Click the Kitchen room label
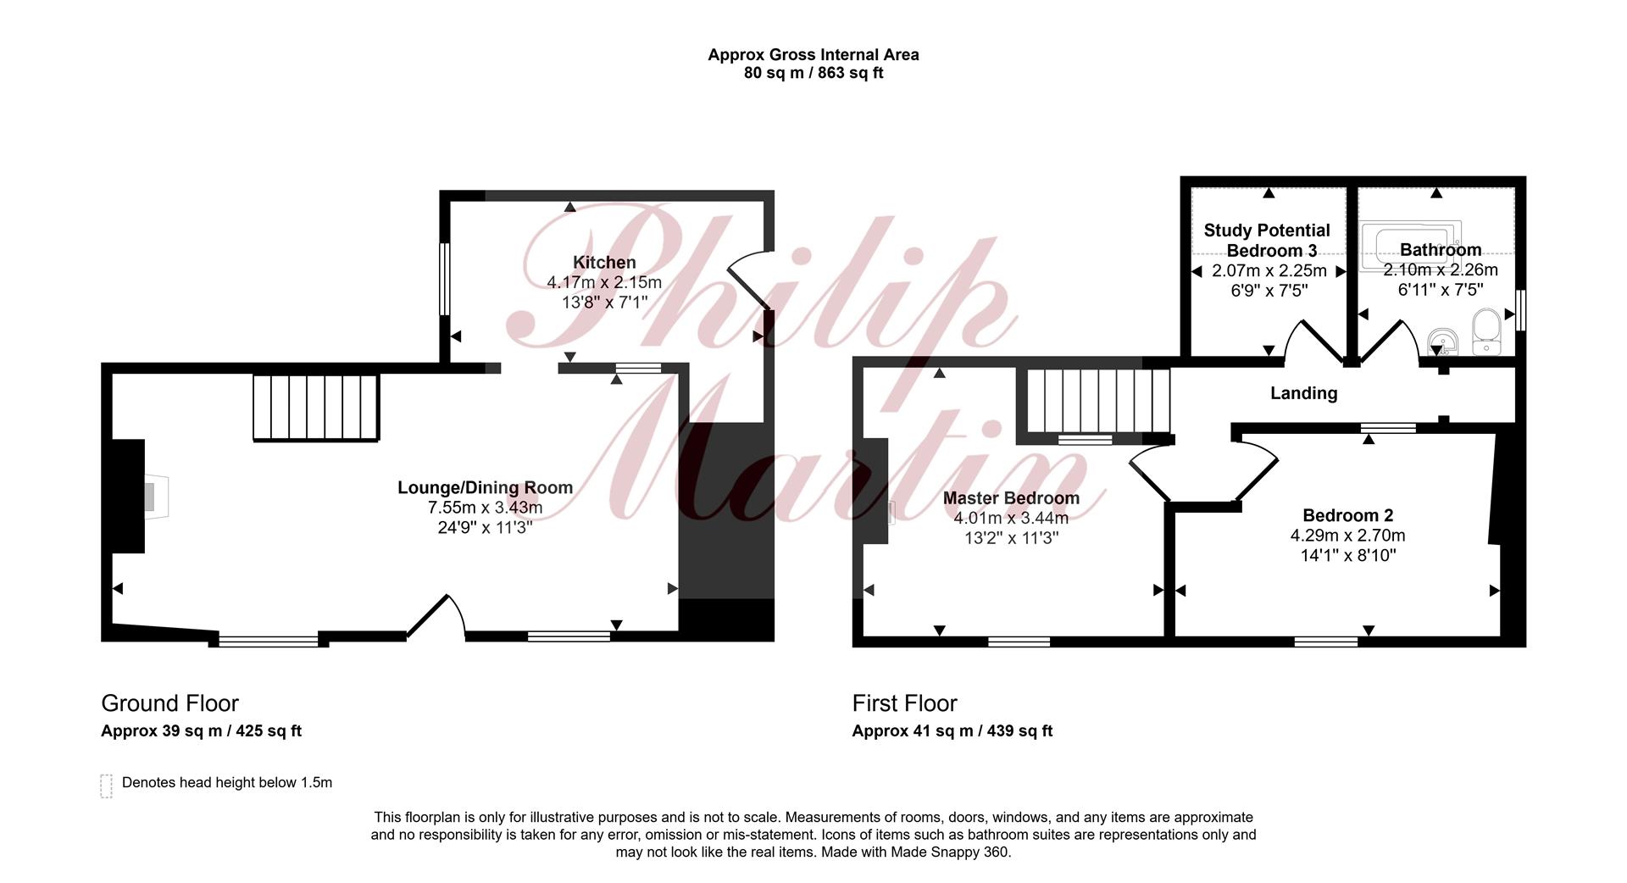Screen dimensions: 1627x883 [x=604, y=263]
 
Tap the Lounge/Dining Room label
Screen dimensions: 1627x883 [x=486, y=488]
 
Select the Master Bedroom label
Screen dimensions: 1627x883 [x=1011, y=498]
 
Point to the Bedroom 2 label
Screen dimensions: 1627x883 [x=1347, y=515]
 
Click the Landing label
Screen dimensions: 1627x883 [x=1303, y=393]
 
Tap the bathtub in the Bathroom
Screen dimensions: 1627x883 [x=1411, y=247]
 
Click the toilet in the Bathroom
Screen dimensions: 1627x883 [x=1486, y=331]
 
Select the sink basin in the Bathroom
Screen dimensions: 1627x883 [x=1441, y=342]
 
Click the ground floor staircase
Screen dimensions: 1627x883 [x=316, y=408]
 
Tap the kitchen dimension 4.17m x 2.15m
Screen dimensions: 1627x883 [x=604, y=282]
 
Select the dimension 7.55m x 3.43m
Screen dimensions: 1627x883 [x=486, y=508]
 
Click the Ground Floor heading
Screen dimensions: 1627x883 [x=169, y=703]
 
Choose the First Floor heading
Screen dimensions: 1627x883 [x=904, y=703]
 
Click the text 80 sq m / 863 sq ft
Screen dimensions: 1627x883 [x=813, y=73]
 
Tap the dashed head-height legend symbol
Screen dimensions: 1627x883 [x=106, y=786]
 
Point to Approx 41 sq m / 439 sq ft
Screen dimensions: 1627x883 [x=952, y=730]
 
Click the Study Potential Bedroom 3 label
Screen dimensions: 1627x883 [x=1267, y=241]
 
